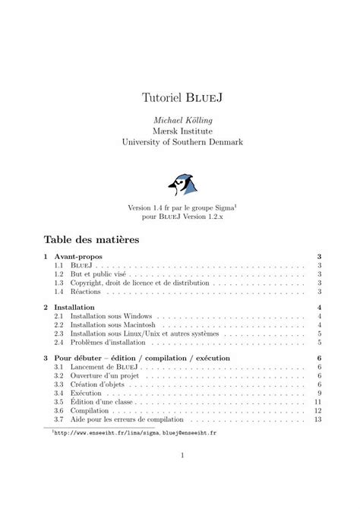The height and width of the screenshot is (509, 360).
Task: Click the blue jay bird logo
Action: click(x=182, y=182)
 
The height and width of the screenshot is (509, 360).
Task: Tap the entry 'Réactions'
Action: click(x=88, y=292)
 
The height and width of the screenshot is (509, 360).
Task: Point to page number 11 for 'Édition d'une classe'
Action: click(x=318, y=403)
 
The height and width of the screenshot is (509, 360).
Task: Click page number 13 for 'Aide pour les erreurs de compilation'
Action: click(x=318, y=419)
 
